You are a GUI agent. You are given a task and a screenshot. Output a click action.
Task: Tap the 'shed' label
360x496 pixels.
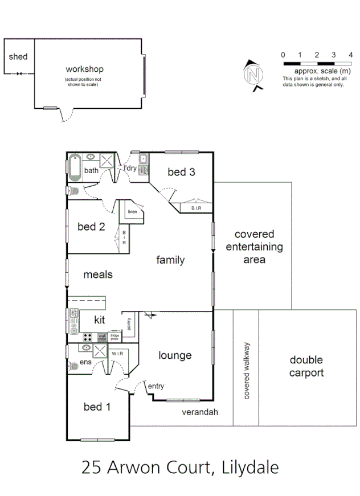click(18, 56)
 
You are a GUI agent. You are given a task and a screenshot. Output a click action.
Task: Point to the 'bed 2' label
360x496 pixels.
click(91, 227)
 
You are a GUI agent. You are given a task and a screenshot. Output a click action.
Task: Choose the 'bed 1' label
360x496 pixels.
click(97, 407)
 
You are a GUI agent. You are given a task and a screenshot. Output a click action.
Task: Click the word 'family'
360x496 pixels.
click(170, 260)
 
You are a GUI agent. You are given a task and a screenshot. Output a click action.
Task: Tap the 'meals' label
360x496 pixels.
click(98, 274)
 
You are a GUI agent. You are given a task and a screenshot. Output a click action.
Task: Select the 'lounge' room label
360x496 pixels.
click(174, 355)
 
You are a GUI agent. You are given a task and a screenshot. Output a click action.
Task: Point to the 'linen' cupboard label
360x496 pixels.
click(133, 212)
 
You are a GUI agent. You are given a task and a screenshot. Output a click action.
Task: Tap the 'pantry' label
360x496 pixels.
click(130, 324)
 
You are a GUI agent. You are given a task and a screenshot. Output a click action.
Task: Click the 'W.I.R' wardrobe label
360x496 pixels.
click(118, 354)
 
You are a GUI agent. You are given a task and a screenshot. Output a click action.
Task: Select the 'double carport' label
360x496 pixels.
click(306, 366)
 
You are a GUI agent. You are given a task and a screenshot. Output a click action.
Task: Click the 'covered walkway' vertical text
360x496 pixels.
click(247, 371)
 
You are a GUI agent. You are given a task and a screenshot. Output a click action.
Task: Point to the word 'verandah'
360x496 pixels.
click(200, 412)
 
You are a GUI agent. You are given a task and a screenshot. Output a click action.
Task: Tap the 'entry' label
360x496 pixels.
click(156, 387)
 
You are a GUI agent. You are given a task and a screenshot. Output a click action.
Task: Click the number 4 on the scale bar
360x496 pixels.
click(350, 55)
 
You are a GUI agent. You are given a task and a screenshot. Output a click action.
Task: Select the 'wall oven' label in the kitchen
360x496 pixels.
click(102, 336)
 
